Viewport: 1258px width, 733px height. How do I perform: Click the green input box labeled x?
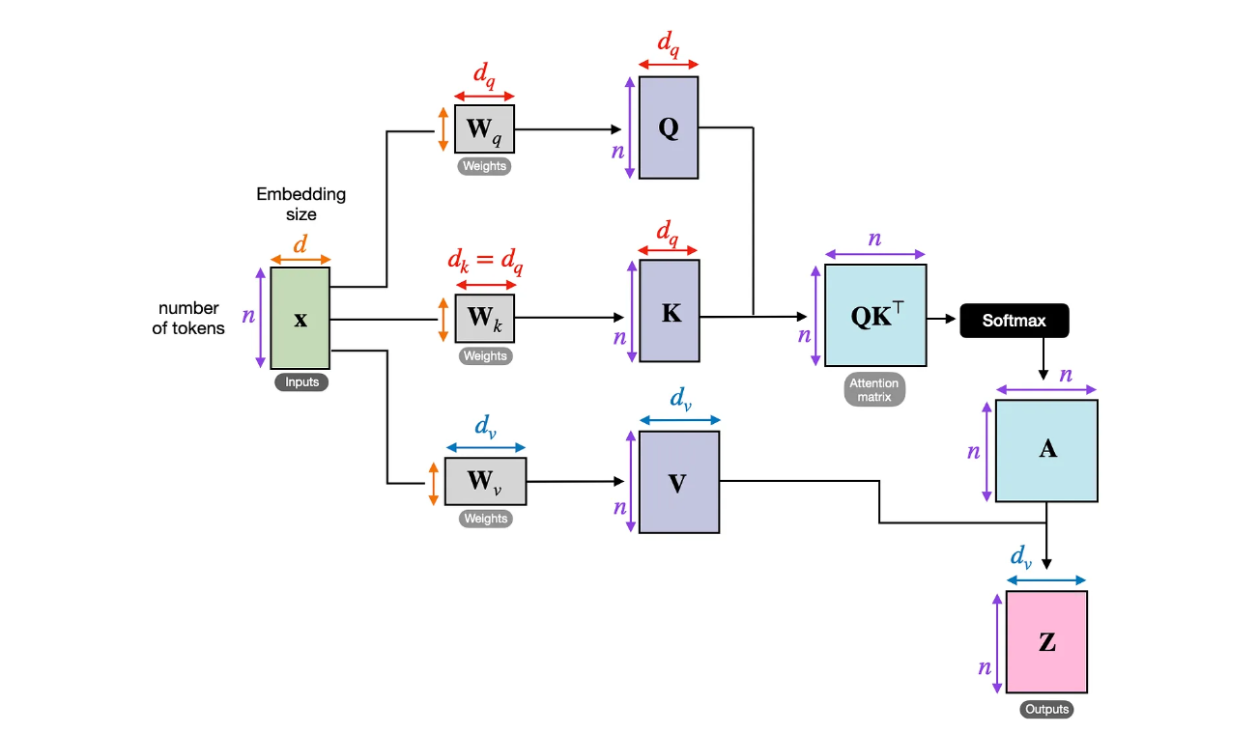point(300,318)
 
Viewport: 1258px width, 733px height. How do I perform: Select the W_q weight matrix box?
point(484,128)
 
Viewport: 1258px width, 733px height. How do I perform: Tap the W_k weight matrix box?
point(484,318)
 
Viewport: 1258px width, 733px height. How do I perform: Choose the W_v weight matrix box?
point(485,481)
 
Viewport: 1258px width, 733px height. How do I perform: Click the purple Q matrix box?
point(669,127)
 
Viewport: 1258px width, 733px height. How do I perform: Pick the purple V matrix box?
point(678,482)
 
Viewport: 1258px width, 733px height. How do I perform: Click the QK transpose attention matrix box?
point(875,316)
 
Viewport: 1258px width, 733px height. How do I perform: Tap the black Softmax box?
point(1014,320)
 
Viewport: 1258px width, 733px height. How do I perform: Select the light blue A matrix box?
point(1046,450)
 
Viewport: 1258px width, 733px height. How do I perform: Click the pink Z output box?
point(1046,642)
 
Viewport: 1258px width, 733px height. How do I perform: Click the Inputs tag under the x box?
point(301,382)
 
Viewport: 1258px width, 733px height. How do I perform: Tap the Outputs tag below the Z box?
point(1046,709)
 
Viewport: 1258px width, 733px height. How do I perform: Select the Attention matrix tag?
point(874,389)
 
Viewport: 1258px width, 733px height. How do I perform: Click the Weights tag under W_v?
point(485,519)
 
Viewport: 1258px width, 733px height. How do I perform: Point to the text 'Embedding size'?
point(300,205)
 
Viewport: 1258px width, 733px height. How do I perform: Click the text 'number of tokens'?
point(191,318)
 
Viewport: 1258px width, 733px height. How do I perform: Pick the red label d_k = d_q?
point(484,260)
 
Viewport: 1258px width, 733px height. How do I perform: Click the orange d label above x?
point(300,244)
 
